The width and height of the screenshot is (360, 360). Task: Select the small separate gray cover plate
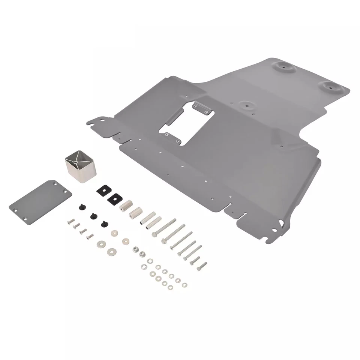41,201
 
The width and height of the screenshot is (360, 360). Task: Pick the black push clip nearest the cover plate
81,207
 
